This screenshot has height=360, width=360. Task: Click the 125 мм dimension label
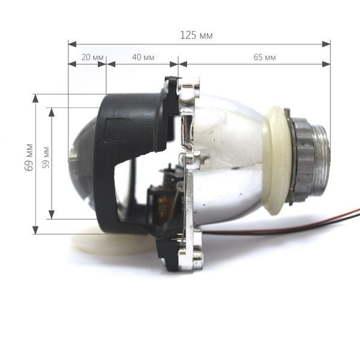[196, 35]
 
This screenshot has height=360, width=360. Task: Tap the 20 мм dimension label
[92, 57]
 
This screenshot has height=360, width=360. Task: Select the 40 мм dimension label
[143, 57]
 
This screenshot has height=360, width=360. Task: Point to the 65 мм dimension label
[265, 57]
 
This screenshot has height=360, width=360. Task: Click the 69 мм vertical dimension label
[29, 157]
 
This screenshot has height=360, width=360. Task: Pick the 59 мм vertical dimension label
[46, 157]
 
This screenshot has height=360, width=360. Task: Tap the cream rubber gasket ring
[277, 160]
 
